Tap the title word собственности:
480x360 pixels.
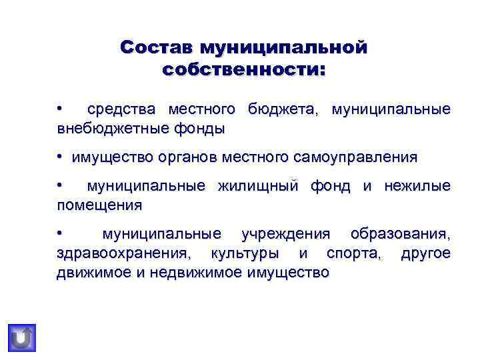244,69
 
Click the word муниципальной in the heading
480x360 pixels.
288,47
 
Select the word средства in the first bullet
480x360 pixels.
121,109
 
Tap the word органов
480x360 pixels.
189,158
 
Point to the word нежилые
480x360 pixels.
417,186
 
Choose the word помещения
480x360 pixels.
99,205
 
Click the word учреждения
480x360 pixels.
285,234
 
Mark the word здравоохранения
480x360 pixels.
123,254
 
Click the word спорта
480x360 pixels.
353,254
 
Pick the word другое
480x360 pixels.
425,254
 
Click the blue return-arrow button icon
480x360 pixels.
22,337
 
